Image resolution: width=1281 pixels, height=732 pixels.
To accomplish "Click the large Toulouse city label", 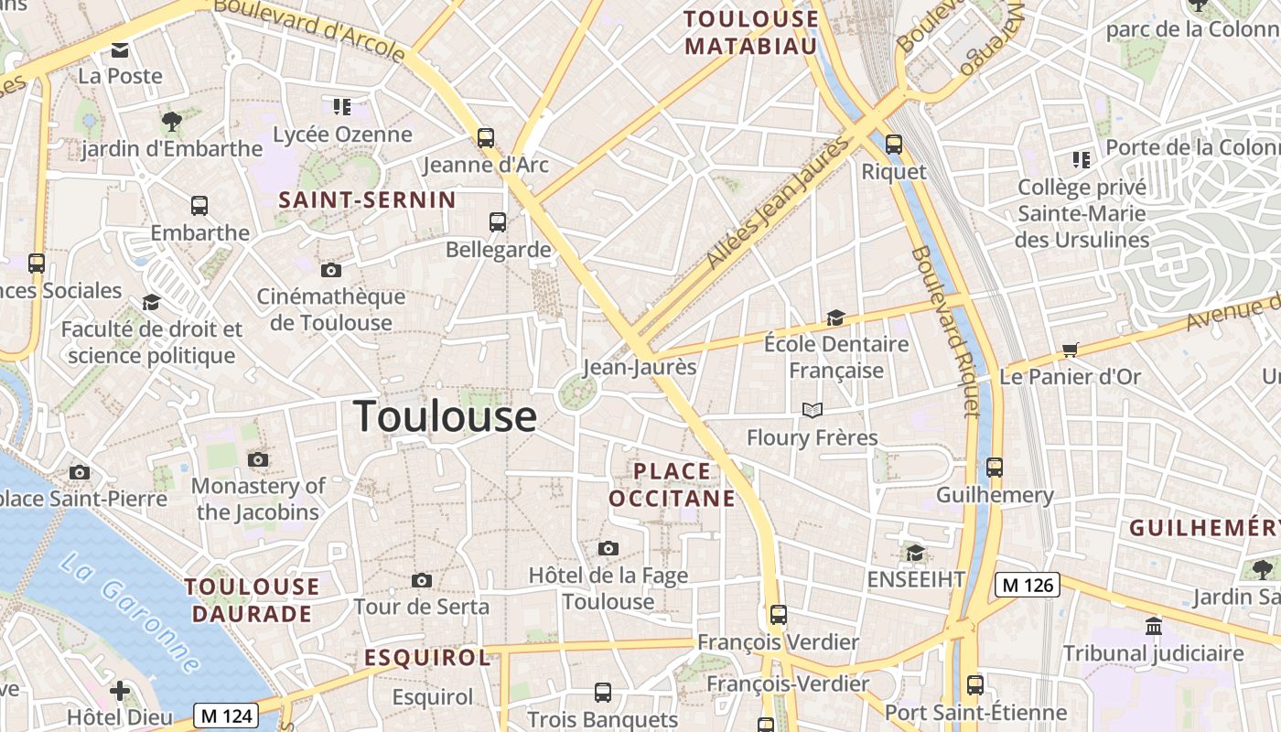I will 445,416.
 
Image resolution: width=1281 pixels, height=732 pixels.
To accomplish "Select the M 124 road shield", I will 226,716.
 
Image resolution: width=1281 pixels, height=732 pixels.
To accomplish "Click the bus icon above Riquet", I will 894,145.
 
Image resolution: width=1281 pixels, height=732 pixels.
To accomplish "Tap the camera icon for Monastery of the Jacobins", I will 258,459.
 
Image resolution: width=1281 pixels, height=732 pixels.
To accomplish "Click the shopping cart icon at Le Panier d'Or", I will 1070,350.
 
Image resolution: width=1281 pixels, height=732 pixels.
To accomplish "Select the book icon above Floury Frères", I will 813,410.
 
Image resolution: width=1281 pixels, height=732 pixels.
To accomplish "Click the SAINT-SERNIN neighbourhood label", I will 367,200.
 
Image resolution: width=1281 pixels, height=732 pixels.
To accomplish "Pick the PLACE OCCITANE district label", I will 672,485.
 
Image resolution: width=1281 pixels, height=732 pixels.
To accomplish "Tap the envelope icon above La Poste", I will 120,49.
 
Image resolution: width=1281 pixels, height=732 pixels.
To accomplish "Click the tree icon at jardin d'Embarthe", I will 171,121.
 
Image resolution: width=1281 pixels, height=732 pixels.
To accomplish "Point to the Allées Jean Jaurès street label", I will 778,204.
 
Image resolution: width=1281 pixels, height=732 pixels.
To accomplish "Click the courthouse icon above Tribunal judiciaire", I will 1153,627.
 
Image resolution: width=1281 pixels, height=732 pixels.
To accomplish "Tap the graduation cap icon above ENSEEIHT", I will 915,553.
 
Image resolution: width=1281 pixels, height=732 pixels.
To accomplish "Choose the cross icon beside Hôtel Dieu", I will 120,691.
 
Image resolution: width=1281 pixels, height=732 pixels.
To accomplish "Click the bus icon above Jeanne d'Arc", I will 485,138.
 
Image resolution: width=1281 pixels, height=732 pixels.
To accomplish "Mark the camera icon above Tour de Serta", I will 422,580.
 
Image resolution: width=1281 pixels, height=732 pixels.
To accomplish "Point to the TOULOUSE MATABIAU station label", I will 750,32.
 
